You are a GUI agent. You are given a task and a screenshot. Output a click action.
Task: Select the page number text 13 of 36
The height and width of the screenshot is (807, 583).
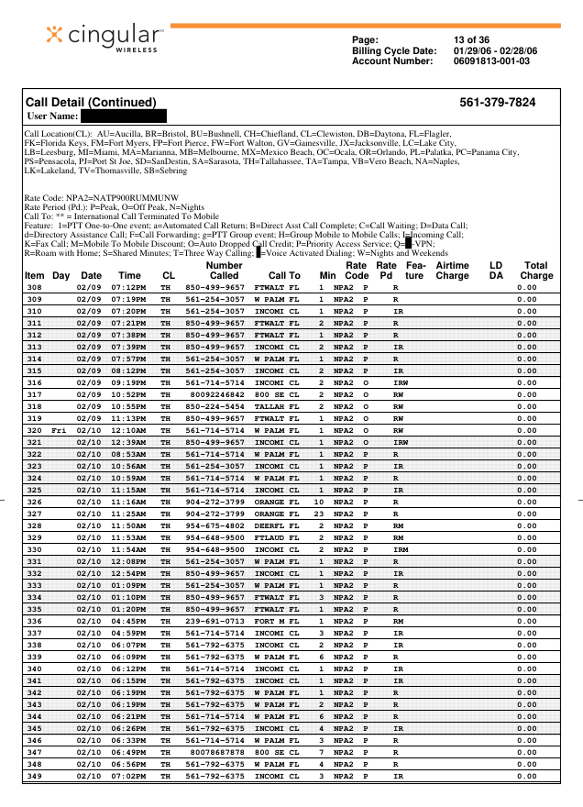473,40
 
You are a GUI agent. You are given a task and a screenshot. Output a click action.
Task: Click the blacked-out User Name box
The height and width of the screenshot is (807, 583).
123,117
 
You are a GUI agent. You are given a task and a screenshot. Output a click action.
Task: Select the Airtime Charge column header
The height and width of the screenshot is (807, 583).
452,271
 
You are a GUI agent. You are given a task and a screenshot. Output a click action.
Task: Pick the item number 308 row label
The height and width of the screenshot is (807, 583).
34,287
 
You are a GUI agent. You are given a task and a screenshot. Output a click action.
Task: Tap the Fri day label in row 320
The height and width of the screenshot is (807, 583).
60,430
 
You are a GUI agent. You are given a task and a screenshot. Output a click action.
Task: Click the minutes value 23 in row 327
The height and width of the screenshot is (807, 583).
319,514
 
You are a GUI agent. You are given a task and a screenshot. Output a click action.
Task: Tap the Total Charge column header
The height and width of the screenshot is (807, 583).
536,271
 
